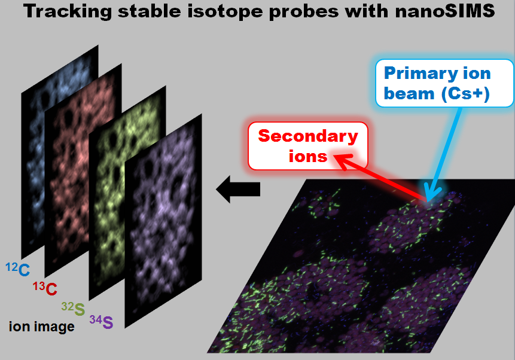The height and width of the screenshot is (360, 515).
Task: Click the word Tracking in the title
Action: point(68,11)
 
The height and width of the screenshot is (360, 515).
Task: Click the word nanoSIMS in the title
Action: point(445,11)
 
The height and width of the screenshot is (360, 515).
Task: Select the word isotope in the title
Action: point(225,11)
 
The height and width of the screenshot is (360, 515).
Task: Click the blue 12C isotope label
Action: point(18,269)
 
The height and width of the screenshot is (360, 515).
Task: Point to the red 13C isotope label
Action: point(45,288)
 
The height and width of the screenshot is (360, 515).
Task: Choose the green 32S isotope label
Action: point(73,309)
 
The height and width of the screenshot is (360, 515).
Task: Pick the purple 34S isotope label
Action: point(101,322)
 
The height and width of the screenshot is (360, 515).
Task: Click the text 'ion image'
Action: point(42,327)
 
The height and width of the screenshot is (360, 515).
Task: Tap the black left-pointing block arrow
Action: point(238,189)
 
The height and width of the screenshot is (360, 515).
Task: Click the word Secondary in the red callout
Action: point(308,136)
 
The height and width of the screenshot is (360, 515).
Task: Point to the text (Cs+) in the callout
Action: point(465,94)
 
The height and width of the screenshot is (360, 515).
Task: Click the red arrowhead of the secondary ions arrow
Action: point(344,161)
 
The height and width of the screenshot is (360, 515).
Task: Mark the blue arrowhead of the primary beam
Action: point(432,194)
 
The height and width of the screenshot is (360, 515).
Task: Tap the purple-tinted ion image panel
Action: point(163,221)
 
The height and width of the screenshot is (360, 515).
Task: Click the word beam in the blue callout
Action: point(409,94)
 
